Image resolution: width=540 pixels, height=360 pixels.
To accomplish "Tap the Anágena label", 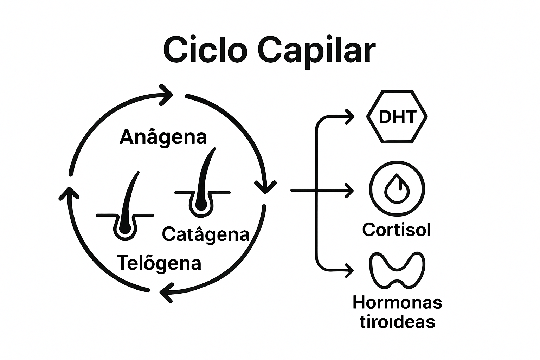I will tap(163, 137).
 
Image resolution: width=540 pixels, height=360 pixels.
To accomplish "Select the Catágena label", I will tap(206, 234).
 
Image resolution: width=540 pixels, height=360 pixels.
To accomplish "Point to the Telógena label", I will tap(159, 263).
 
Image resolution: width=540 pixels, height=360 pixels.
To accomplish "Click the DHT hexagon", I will tap(397, 117).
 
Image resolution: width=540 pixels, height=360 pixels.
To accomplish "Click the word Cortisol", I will tap(396, 230).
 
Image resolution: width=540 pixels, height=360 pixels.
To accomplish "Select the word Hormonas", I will tap(397, 303).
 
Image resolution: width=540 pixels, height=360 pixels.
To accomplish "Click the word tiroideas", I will tap(397, 322).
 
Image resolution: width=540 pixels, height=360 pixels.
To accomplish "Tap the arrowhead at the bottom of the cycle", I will tap(166, 291).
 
